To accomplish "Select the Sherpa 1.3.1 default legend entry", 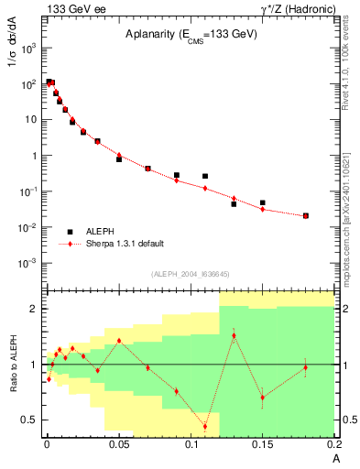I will [125, 244].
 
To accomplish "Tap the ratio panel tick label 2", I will [35, 309].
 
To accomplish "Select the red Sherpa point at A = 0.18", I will [306, 216].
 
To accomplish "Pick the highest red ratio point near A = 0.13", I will [234, 335].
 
